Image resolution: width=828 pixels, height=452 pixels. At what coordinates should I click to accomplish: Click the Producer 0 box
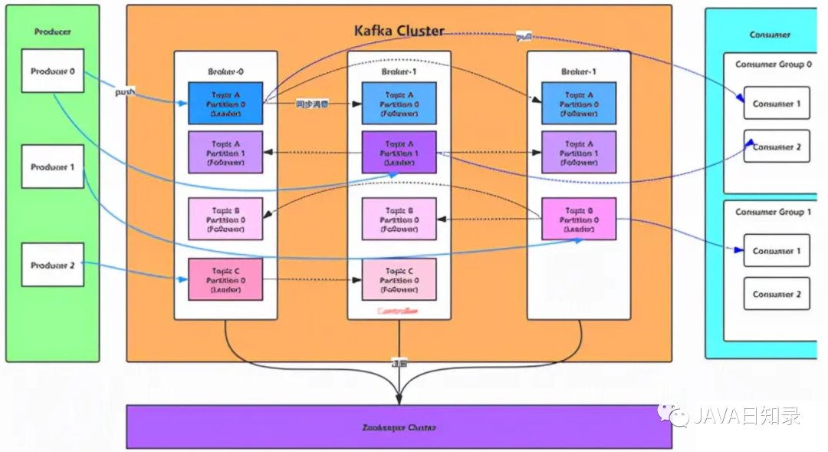[x=52, y=71]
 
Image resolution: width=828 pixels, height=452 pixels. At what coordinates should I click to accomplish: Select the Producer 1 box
[x=52, y=167]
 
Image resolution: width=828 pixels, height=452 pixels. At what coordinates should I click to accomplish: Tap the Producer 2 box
[x=52, y=265]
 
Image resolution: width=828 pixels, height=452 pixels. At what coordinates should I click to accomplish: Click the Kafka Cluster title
[x=399, y=31]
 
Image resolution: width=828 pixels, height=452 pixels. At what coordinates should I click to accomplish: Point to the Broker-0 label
[x=225, y=71]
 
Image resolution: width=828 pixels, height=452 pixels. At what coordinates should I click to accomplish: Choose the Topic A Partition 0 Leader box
[x=225, y=104]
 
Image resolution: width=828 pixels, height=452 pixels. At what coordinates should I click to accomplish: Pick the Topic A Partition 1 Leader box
[x=399, y=152]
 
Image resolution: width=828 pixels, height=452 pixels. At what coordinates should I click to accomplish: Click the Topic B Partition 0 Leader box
[x=579, y=219]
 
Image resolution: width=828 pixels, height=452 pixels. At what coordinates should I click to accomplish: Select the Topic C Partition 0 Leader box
[x=225, y=279]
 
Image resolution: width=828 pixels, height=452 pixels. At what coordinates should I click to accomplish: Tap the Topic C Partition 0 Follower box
[x=399, y=279]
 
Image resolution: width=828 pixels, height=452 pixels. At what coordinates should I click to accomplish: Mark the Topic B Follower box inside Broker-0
[x=225, y=219]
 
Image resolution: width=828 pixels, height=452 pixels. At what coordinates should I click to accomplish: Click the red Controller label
[x=399, y=312]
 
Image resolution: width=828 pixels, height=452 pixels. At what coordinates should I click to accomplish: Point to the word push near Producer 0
[x=124, y=92]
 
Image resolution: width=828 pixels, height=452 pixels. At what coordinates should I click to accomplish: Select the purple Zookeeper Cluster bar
[x=399, y=427]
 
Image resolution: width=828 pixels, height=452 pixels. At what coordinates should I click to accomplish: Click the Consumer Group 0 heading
[x=774, y=64]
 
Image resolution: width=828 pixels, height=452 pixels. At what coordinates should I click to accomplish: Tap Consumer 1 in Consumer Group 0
[x=776, y=104]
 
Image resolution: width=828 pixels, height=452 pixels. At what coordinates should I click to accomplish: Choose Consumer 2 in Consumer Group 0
[x=776, y=147]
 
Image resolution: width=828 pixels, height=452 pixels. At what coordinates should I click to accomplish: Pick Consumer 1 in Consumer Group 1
[x=776, y=251]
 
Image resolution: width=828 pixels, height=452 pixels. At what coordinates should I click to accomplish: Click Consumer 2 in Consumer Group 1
[x=776, y=294]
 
